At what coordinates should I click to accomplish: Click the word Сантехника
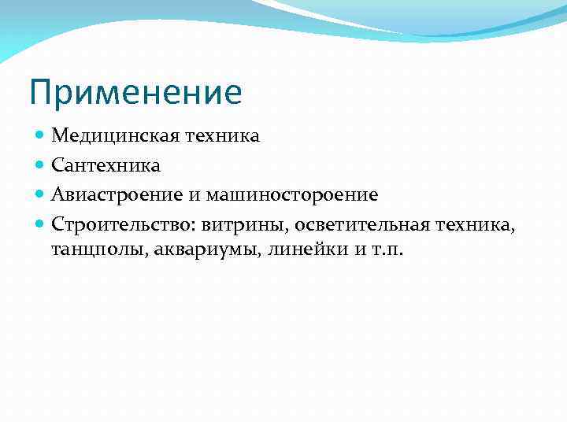click(106, 165)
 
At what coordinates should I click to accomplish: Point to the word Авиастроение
click(107, 194)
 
